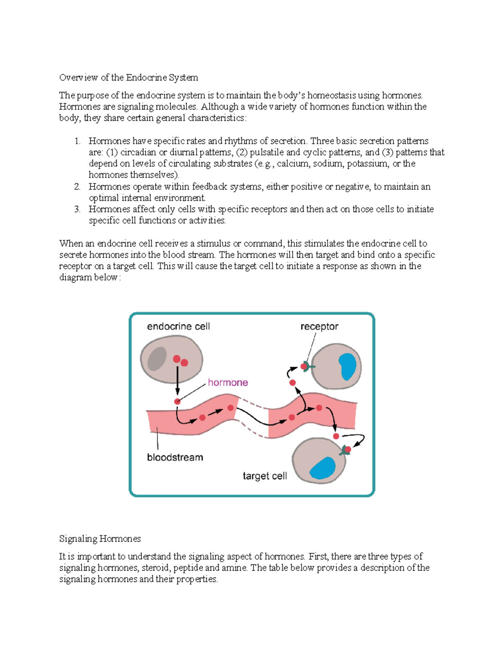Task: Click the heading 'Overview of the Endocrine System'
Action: click(x=129, y=77)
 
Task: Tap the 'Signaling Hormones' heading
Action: click(x=100, y=538)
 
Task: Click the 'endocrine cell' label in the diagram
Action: click(x=178, y=326)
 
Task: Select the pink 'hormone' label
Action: click(x=228, y=382)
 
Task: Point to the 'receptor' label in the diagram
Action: click(x=319, y=326)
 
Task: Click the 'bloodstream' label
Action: click(x=175, y=457)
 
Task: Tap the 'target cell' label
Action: click(x=265, y=476)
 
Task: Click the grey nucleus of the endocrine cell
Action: click(x=157, y=359)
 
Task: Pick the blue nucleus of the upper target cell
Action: click(x=347, y=366)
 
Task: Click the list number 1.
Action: click(x=77, y=141)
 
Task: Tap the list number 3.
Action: click(x=77, y=209)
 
